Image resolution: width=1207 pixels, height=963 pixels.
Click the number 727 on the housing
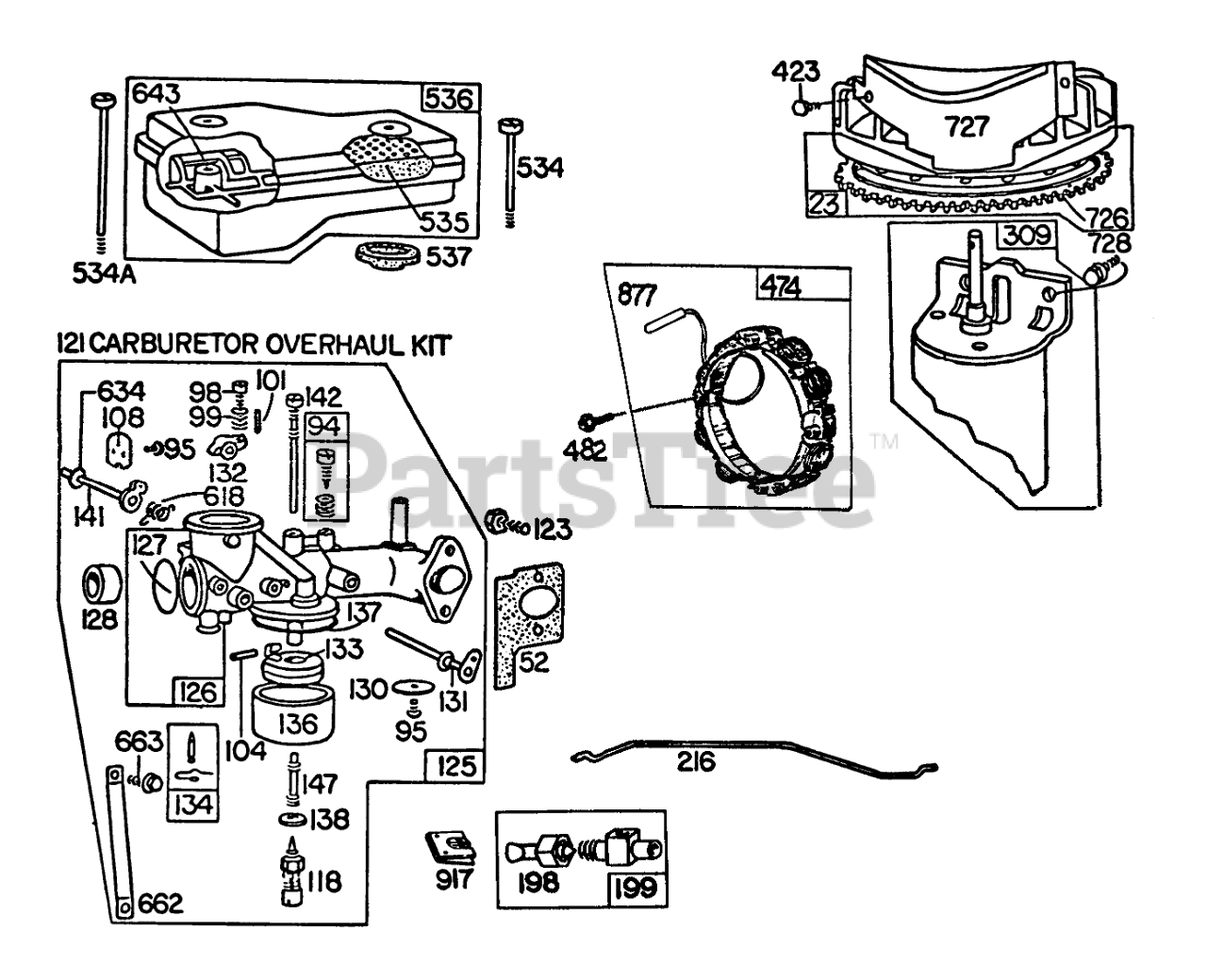point(964,129)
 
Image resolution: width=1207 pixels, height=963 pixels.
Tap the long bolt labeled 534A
point(99,170)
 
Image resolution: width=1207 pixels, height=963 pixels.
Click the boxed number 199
point(635,886)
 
